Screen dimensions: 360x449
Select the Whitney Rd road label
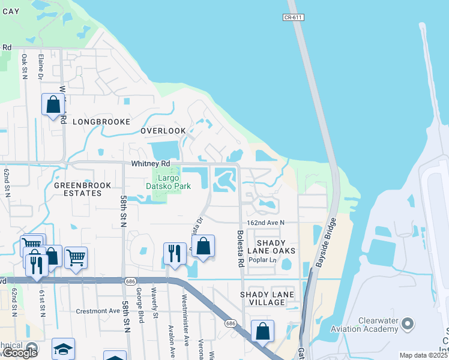coord(151,163)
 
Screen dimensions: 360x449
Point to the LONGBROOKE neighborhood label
coord(101,122)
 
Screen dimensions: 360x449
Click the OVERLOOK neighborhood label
coord(163,131)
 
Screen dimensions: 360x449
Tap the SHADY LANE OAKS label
coord(268,246)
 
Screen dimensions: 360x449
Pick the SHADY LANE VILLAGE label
coord(267,298)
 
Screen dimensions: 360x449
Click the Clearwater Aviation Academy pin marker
coord(408,325)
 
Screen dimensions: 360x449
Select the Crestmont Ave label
coord(98,311)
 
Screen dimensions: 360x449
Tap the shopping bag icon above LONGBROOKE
coord(53,104)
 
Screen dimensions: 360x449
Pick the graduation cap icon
coord(63,349)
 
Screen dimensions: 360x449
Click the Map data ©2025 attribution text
coord(423,355)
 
